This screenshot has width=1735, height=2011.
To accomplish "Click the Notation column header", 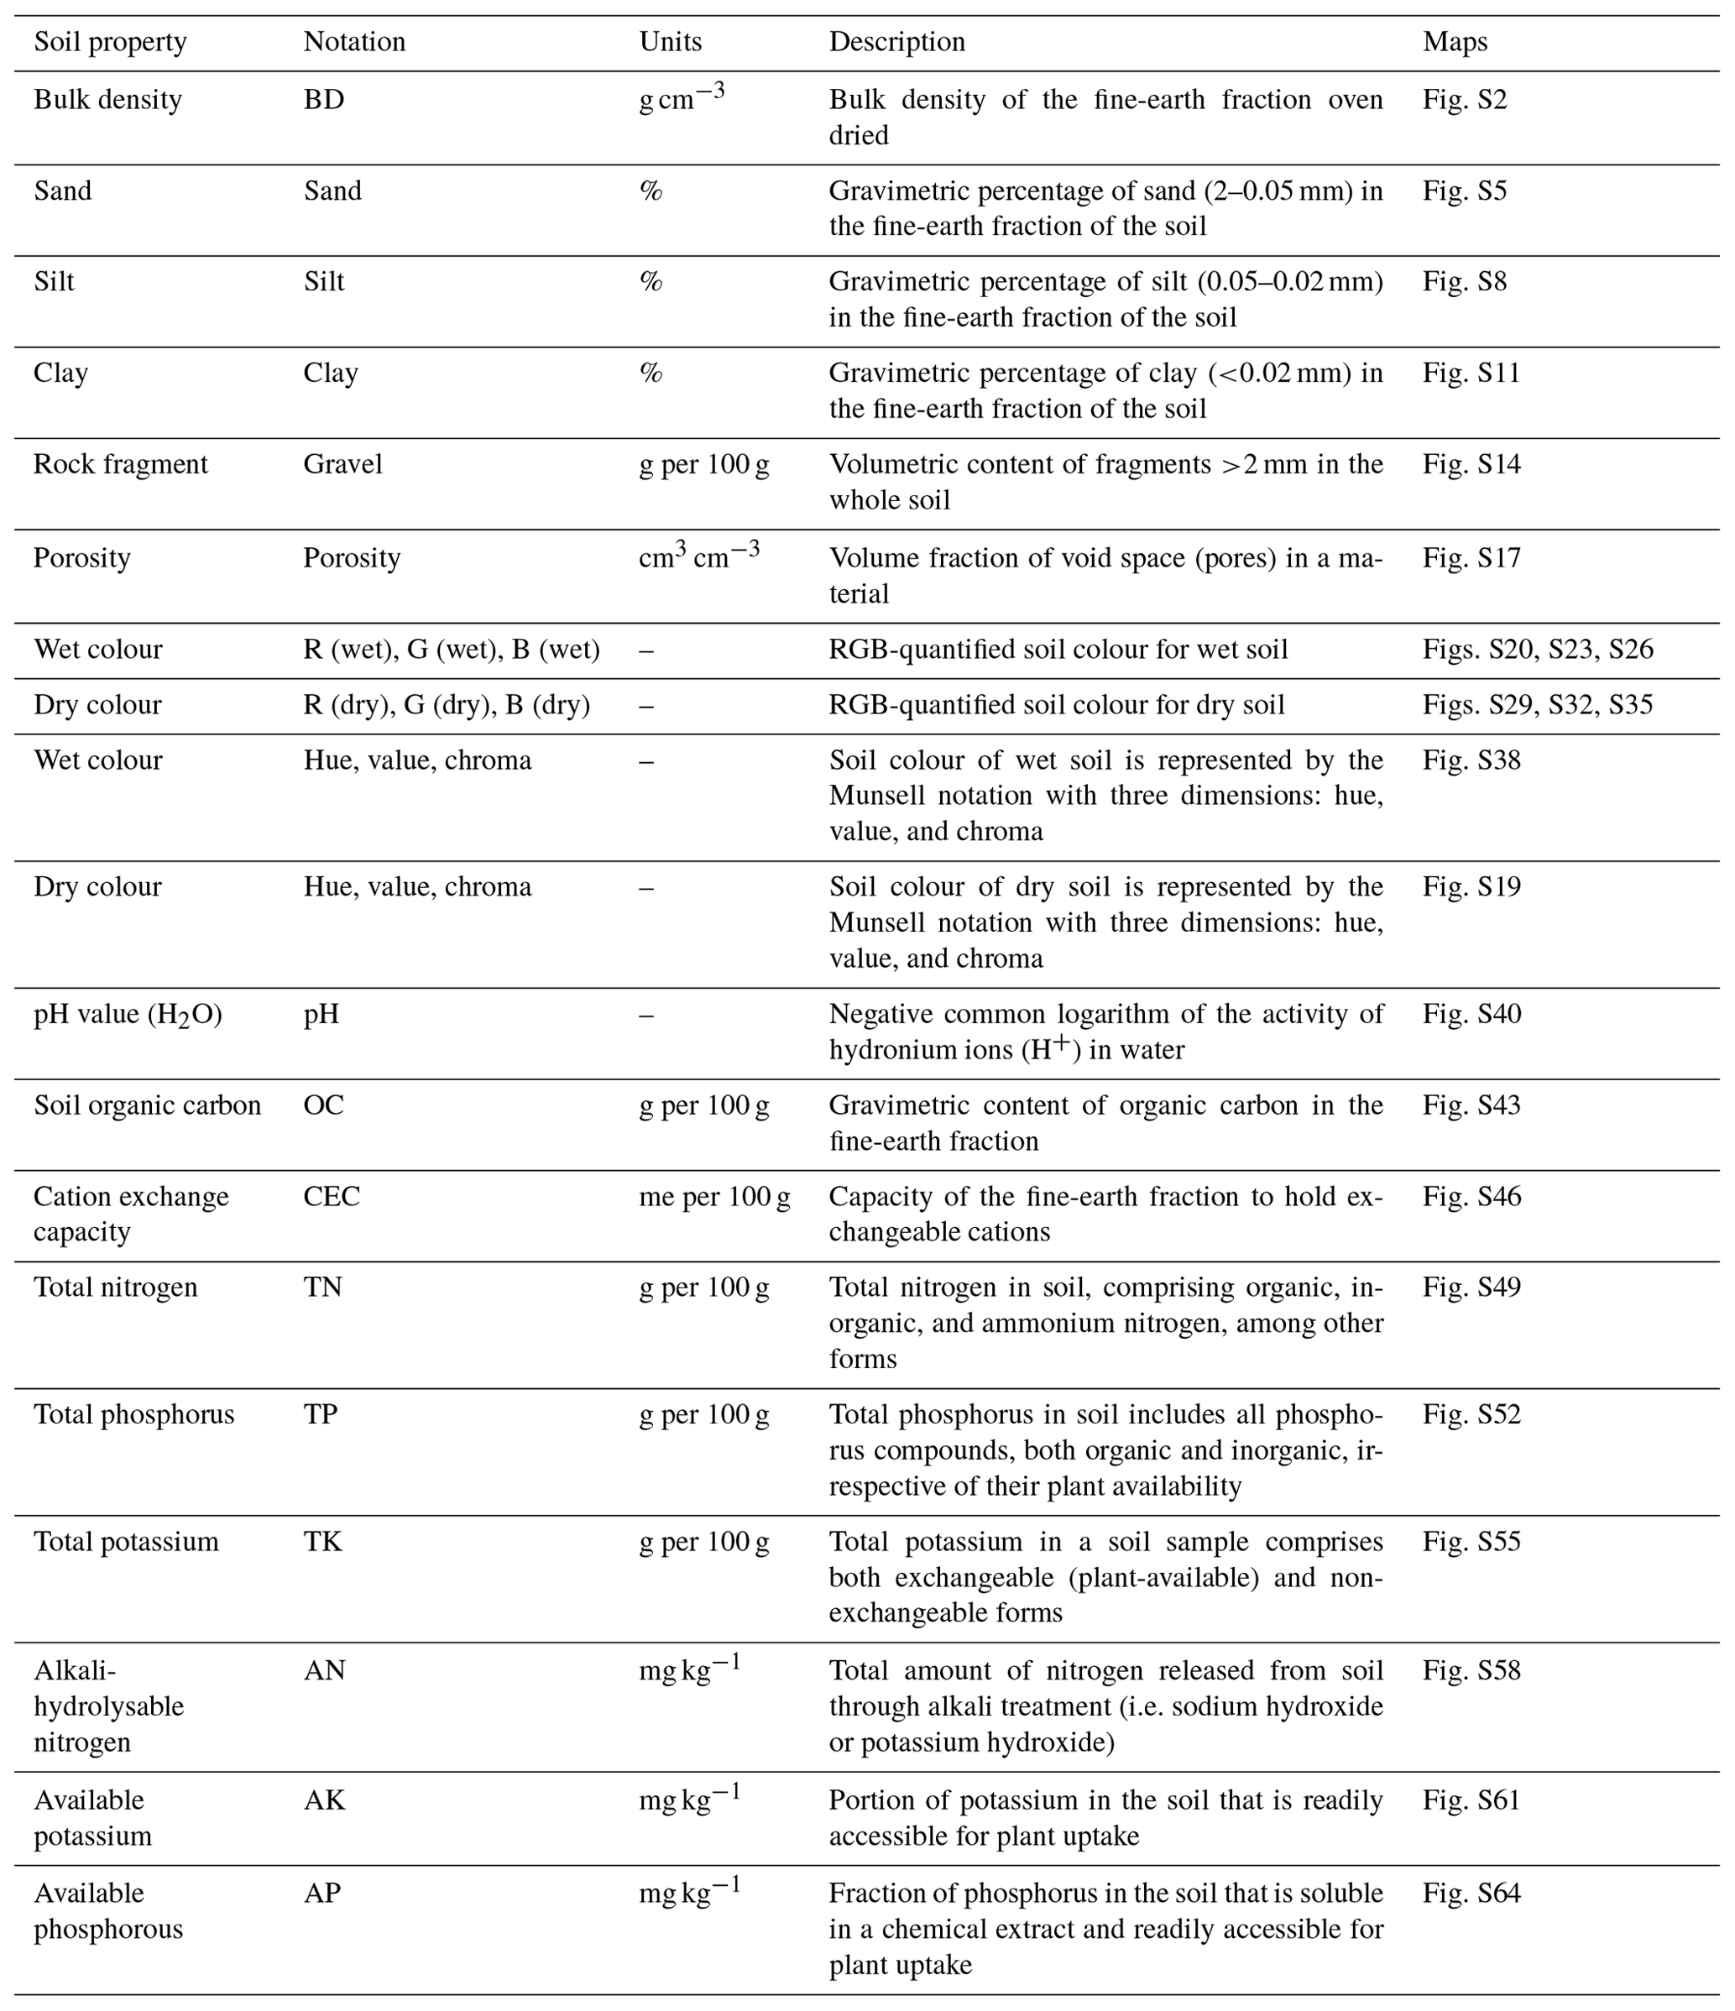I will click(354, 42).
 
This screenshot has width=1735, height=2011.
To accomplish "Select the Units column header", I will click(670, 42).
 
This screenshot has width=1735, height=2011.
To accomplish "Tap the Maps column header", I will click(1455, 42).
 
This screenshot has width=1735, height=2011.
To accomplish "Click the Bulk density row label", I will click(107, 100).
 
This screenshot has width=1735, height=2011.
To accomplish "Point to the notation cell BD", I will click(323, 100).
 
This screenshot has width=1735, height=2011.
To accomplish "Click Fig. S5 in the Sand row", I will click(1464, 191).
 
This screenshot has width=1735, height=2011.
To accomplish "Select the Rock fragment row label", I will click(120, 464).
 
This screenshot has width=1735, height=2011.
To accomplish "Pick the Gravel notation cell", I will click(342, 464).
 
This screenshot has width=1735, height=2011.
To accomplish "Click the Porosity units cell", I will click(699, 556).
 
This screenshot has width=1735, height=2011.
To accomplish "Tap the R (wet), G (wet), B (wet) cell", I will click(452, 650).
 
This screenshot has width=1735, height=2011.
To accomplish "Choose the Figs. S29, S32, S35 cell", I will click(1537, 705).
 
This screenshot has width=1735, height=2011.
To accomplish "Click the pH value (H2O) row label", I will click(128, 1014).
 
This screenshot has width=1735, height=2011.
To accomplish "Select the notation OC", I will click(323, 1105).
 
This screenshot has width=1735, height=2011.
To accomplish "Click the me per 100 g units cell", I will click(713, 1197).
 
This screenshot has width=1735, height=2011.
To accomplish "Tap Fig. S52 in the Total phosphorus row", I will click(1471, 1415).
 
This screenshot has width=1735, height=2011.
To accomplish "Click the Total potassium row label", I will click(126, 1542).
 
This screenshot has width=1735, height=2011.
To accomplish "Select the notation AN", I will click(324, 1670).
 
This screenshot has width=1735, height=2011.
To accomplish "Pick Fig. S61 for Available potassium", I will click(1471, 1800).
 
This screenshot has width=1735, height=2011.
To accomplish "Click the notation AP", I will click(322, 1893).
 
